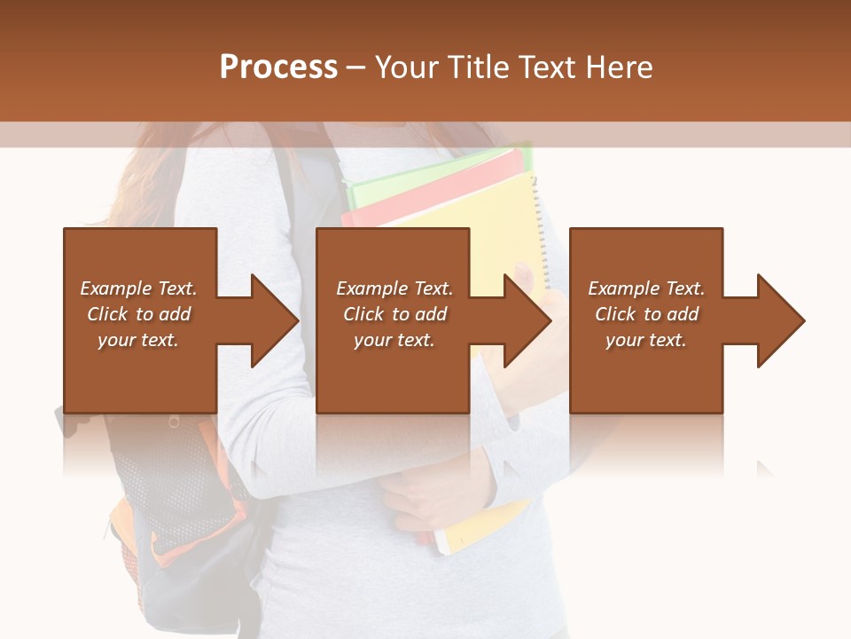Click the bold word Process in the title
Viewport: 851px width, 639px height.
[x=278, y=67]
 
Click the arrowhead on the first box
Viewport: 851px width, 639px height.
[x=273, y=320]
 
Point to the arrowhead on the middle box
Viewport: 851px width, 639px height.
[x=526, y=320]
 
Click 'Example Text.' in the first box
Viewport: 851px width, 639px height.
[x=139, y=288]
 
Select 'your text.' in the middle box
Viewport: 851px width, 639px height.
[x=394, y=340]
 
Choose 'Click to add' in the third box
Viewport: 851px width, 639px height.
[x=646, y=314]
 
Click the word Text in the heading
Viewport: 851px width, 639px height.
[x=548, y=67]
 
